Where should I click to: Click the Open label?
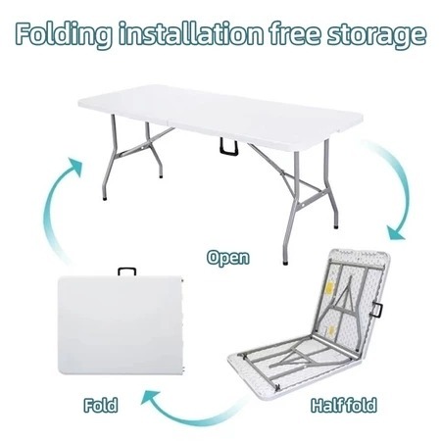click(x=227, y=259)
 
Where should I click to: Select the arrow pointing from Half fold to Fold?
click(x=176, y=400)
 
